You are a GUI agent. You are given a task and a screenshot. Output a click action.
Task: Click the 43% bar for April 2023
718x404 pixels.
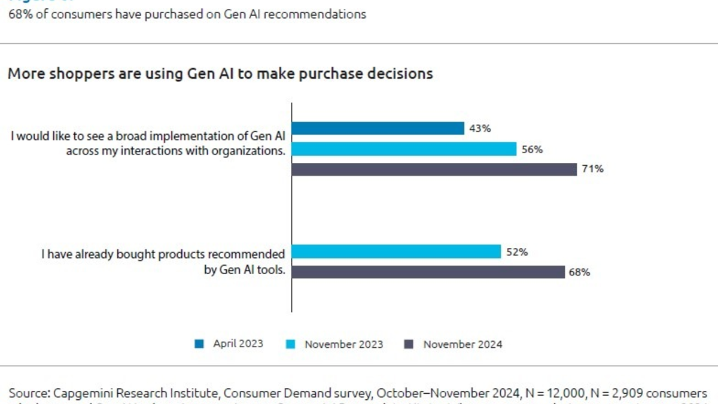tap(378, 129)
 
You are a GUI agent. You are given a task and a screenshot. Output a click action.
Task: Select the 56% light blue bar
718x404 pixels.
tap(404, 149)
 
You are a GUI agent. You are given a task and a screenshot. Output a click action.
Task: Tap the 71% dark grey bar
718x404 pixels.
tap(434, 169)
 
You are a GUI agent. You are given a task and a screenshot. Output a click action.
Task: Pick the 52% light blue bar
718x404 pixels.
tap(396, 252)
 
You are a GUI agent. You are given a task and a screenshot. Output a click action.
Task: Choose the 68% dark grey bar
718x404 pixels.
tap(428, 272)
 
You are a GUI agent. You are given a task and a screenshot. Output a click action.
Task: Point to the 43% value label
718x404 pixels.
tap(480, 129)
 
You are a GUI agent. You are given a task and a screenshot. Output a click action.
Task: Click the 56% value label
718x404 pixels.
tap(532, 149)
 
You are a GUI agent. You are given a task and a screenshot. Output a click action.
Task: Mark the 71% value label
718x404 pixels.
tap(592, 169)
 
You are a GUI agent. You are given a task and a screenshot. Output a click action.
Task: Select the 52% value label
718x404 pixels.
tap(516, 252)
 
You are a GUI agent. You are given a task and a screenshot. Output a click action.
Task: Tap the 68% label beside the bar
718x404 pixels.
tap(579, 272)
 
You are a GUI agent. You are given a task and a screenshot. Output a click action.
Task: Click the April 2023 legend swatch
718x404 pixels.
tap(199, 344)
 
